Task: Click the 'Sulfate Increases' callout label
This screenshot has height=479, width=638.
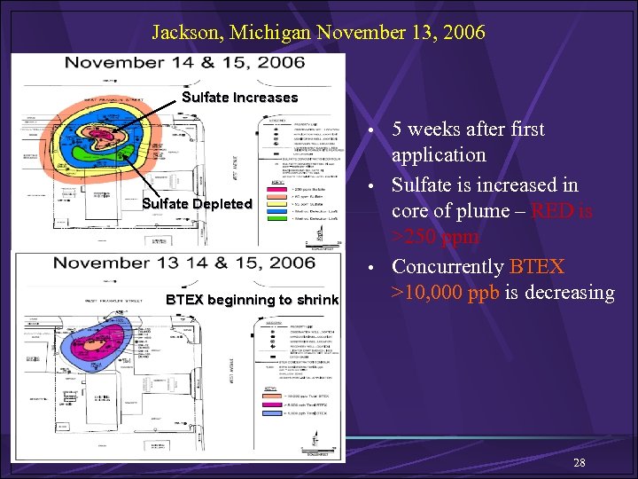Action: (239, 98)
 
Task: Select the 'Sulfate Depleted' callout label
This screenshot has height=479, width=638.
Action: (198, 204)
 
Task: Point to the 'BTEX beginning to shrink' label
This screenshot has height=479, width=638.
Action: (253, 300)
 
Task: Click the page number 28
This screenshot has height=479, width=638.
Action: (580, 463)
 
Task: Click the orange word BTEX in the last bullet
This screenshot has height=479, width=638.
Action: (537, 267)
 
